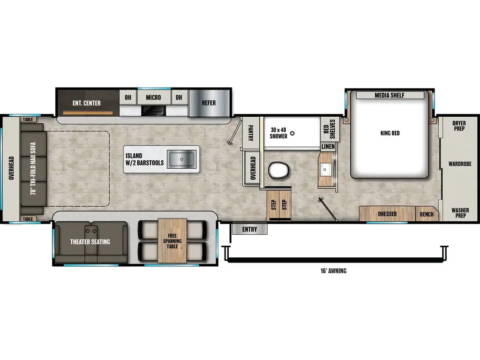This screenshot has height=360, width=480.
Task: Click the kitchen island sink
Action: [x=182, y=159]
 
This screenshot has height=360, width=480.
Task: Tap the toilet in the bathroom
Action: [x=277, y=170]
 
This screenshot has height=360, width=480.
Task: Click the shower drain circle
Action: [x=292, y=134]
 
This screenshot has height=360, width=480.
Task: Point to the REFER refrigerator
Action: [x=209, y=103]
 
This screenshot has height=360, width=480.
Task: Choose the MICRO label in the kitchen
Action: [x=153, y=97]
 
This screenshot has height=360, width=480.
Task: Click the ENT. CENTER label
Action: [x=86, y=103]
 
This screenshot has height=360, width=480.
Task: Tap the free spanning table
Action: [x=172, y=241]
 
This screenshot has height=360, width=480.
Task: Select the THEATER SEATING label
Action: [x=90, y=242]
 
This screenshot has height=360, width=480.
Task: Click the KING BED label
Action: [x=390, y=133]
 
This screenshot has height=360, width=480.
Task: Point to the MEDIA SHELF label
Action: [x=389, y=96]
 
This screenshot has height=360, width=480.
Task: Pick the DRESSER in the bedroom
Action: [x=387, y=214]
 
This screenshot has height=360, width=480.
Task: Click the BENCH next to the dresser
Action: [x=427, y=214]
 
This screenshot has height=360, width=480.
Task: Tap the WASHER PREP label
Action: [x=459, y=213]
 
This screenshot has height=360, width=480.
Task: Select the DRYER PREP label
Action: [x=459, y=126]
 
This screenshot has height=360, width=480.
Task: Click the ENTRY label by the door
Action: [x=249, y=229]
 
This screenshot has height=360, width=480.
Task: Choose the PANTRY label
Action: [x=251, y=133]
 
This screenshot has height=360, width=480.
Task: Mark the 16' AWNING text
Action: [x=333, y=270]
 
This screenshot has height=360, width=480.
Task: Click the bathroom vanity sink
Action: [x=325, y=169]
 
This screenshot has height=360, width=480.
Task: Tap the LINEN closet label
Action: [x=328, y=147]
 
